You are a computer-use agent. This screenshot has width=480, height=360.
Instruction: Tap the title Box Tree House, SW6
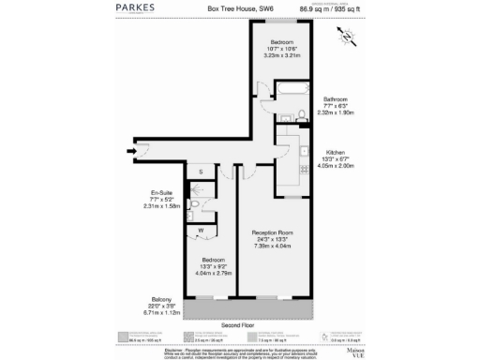pos(239,11)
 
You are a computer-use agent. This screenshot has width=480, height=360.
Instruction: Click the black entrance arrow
pos(132,147)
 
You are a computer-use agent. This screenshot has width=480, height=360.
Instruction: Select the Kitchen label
pos(336,152)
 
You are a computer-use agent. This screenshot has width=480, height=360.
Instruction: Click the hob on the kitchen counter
pos(303,170)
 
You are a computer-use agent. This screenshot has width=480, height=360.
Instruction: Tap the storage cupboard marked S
pos(202,172)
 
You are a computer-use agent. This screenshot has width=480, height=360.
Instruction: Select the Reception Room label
pos(273,232)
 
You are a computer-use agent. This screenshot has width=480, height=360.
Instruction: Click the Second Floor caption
pos(239,325)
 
